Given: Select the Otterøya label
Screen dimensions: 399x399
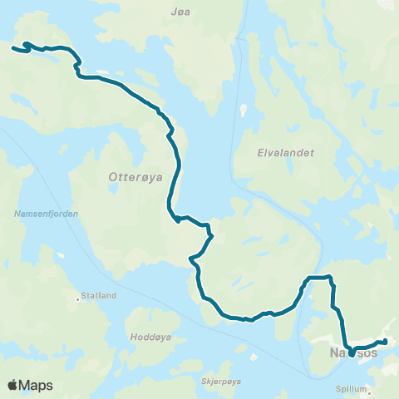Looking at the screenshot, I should coord(131,176).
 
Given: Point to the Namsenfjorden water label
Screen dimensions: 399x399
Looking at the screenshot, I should coord(47,214).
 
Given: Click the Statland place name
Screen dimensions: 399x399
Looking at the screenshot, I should coord(100,295).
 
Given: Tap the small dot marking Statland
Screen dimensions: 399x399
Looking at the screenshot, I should coord(79,296).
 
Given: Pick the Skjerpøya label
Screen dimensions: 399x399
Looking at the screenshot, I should coord(221,381).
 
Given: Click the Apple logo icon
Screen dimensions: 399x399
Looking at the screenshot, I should coord(12,385).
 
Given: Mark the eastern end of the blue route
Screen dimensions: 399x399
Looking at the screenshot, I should coord(385,341).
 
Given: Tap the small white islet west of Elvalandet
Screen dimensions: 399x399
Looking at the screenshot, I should coord(243,110).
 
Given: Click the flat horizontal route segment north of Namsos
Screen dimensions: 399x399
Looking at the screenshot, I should coord(319,277).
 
